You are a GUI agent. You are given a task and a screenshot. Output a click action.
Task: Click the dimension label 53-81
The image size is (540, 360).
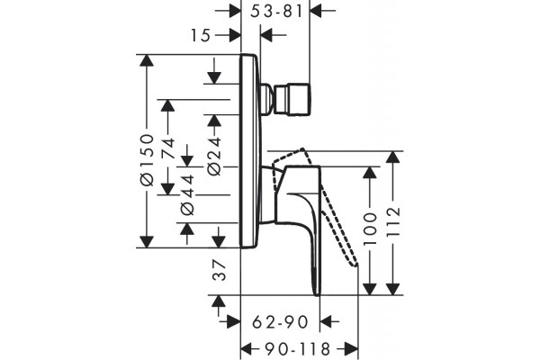(276, 11)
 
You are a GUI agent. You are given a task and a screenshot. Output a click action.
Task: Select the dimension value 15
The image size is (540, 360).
(201, 35)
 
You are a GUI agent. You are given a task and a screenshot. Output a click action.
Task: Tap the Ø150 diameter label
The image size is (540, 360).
(148, 159)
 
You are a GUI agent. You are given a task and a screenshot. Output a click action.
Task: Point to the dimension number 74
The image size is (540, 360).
(168, 148)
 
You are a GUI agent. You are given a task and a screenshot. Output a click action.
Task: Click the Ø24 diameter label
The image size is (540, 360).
(214, 156)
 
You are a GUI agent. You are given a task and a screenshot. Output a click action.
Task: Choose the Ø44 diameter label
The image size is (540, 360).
(188, 195)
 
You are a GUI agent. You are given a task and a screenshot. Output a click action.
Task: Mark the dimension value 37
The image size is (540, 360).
(220, 270)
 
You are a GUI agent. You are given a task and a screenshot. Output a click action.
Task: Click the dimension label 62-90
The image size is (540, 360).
(280, 322)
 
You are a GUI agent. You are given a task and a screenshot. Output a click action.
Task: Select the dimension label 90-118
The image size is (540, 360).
(298, 349)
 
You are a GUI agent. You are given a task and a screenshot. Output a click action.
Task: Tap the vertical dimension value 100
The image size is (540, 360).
(370, 229)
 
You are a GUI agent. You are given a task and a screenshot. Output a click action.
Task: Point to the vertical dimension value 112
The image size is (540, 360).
(393, 221)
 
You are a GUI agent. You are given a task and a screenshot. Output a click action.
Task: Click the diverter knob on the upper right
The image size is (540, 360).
(293, 98)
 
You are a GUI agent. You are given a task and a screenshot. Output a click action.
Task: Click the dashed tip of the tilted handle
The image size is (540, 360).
(355, 265)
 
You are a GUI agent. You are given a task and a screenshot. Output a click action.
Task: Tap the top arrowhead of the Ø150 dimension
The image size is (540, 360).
(147, 61)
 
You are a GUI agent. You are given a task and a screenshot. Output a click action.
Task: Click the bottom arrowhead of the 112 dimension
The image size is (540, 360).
(392, 289)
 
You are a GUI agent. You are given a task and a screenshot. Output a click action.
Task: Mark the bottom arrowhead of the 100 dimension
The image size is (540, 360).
(370, 289)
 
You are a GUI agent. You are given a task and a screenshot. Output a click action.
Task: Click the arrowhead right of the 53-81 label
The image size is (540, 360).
(316, 11)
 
